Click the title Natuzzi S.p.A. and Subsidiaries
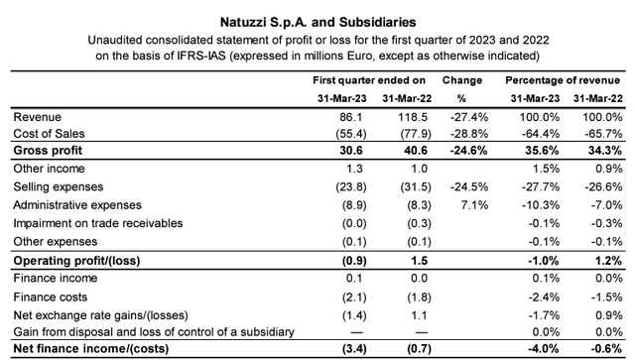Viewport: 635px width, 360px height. coord(317,22)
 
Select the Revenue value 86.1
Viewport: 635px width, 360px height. coord(351,117)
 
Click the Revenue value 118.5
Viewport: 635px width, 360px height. coord(413,117)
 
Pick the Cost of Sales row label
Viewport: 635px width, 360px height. coord(49,134)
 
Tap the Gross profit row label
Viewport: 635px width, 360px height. coord(48,151)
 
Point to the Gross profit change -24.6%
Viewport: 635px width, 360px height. coord(468,151)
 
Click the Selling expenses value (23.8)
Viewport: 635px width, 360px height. coord(351,186)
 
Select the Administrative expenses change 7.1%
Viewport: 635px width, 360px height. coord(474,205)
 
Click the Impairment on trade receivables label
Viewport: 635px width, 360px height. coord(98,223)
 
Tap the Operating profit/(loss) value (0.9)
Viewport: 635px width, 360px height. coord(354,261)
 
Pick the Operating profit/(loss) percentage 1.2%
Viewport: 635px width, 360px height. coord(608,261)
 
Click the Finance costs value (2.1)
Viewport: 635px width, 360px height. coord(354,298)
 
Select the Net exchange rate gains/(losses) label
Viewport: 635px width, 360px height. coord(101,315)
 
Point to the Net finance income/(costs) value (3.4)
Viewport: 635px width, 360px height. coord(354,349)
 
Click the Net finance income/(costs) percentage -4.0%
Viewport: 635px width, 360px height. coord(544,349)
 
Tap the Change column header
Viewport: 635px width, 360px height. coord(462,80)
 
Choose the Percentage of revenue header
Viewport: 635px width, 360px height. coord(563,80)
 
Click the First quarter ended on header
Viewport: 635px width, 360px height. coord(369,80)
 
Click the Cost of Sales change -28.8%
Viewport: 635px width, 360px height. coord(469,134)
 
